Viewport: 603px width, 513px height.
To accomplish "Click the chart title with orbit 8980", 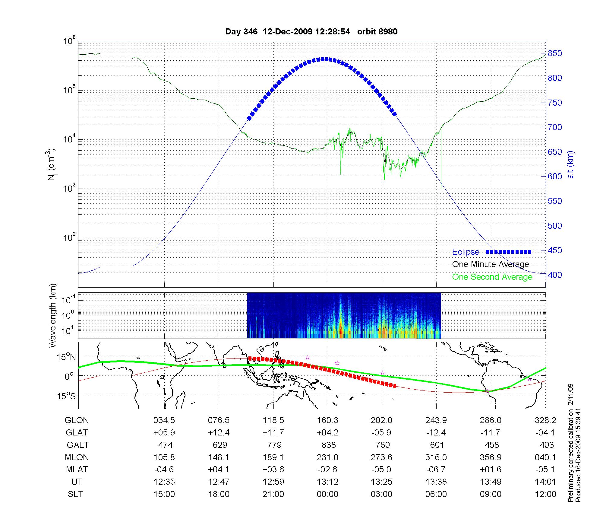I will tap(311, 31).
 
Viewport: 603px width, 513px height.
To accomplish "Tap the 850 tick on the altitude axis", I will tap(555, 53).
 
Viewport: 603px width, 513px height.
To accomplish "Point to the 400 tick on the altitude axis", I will tap(555, 275).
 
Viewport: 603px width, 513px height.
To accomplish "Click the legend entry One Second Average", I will tap(492, 277).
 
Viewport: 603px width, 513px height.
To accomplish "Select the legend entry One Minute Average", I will tap(491, 264).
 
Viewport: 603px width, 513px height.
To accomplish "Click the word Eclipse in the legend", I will tap(466, 252).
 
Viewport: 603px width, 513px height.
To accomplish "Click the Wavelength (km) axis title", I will tap(53, 316).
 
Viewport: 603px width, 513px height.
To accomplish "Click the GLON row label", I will tap(77, 420).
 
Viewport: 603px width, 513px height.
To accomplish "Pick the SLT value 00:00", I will tap(327, 494).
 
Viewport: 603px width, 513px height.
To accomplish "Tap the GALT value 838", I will tap(328, 445).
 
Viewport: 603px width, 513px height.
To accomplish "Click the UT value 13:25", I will tap(381, 482).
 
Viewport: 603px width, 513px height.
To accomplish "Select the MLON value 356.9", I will tap(491, 457).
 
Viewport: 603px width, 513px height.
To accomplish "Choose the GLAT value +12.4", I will tap(219, 433).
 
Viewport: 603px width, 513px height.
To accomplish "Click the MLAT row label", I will tap(77, 470).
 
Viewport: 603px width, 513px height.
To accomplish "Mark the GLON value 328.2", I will tap(545, 420).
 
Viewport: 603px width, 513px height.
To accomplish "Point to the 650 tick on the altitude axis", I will tap(555, 152).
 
